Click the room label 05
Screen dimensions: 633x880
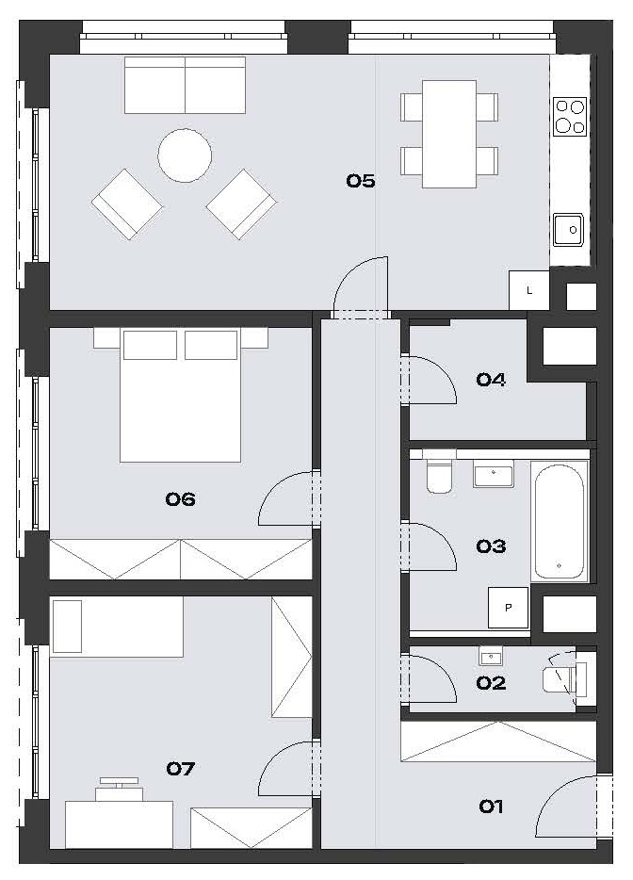pyautogui.click(x=360, y=181)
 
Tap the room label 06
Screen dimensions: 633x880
pyautogui.click(x=180, y=498)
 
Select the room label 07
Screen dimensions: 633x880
pyautogui.click(x=180, y=768)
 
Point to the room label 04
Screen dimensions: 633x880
pyautogui.click(x=491, y=380)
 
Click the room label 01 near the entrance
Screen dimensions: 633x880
pyautogui.click(x=491, y=807)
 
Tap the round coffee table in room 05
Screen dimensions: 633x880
pyautogui.click(x=185, y=155)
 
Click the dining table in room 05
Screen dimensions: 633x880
pyautogui.click(x=449, y=134)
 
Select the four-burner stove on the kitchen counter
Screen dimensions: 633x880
pyautogui.click(x=570, y=116)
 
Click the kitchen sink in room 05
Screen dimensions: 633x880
pyautogui.click(x=568, y=230)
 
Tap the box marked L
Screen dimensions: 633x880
pyautogui.click(x=528, y=290)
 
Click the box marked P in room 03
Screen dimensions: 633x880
pyautogui.click(x=508, y=608)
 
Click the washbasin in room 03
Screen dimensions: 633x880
pyautogui.click(x=494, y=474)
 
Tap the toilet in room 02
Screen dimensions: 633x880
pyautogui.click(x=564, y=679)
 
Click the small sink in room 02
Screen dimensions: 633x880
pyautogui.click(x=491, y=656)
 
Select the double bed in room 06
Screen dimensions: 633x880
pyautogui.click(x=180, y=395)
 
